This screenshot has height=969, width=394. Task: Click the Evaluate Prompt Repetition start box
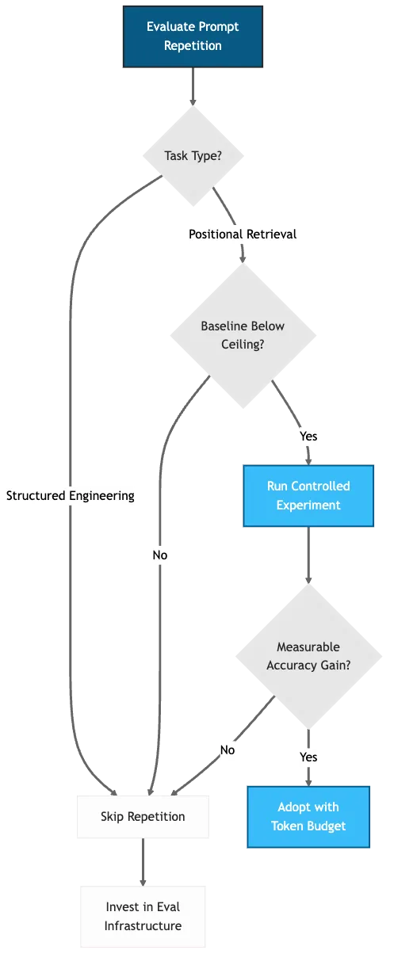click(x=193, y=36)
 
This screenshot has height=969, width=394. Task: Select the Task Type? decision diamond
click(x=193, y=156)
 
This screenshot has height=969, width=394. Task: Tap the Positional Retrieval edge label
click(x=243, y=235)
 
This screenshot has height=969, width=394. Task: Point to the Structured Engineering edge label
click(x=71, y=495)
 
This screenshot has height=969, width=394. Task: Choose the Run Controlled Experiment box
click(x=308, y=496)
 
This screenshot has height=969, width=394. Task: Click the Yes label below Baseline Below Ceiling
click(x=308, y=436)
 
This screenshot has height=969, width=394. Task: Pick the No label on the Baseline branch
click(x=160, y=555)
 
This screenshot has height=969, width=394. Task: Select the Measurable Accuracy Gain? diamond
click(x=308, y=656)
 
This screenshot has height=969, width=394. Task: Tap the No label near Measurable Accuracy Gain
click(x=228, y=750)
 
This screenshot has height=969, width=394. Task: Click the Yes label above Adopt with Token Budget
click(x=308, y=757)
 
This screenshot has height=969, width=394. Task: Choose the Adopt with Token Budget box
click(x=308, y=817)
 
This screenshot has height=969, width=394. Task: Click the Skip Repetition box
click(x=143, y=817)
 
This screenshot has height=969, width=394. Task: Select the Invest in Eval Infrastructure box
click(x=143, y=916)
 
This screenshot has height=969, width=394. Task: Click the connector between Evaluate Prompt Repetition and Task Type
click(x=193, y=87)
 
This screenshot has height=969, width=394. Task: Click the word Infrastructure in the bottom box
click(x=143, y=925)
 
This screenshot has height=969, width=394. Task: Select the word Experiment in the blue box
click(x=308, y=505)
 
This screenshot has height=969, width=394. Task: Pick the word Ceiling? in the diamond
click(x=242, y=345)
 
